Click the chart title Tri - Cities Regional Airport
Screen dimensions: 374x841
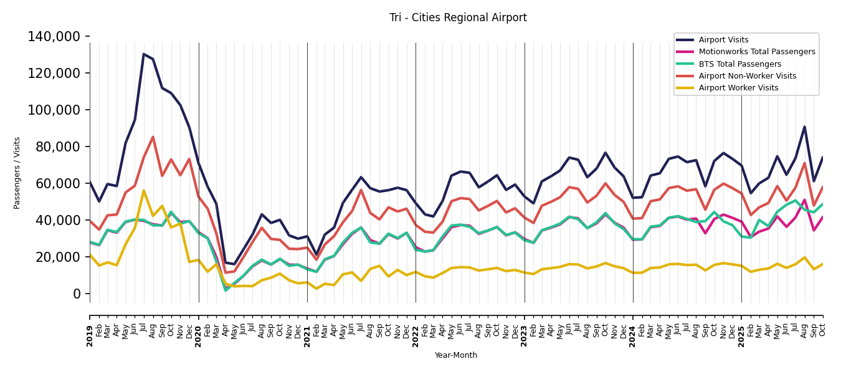[458, 17]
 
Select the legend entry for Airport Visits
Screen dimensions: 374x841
[723, 40]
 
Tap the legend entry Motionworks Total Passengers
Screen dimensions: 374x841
[756, 52]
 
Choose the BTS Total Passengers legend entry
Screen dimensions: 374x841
[739, 64]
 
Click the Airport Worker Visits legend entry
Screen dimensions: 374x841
[738, 88]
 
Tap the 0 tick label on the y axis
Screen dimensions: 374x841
[77, 294]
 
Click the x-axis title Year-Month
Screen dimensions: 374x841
[456, 355]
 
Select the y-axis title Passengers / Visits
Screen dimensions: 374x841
[17, 173]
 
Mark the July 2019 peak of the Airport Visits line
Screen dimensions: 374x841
[144, 54]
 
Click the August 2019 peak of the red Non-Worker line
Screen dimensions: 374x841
[153, 137]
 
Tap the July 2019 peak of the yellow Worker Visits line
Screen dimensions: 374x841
[144, 191]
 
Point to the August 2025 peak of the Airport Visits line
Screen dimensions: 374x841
[804, 127]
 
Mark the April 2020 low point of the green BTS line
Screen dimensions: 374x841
[226, 290]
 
